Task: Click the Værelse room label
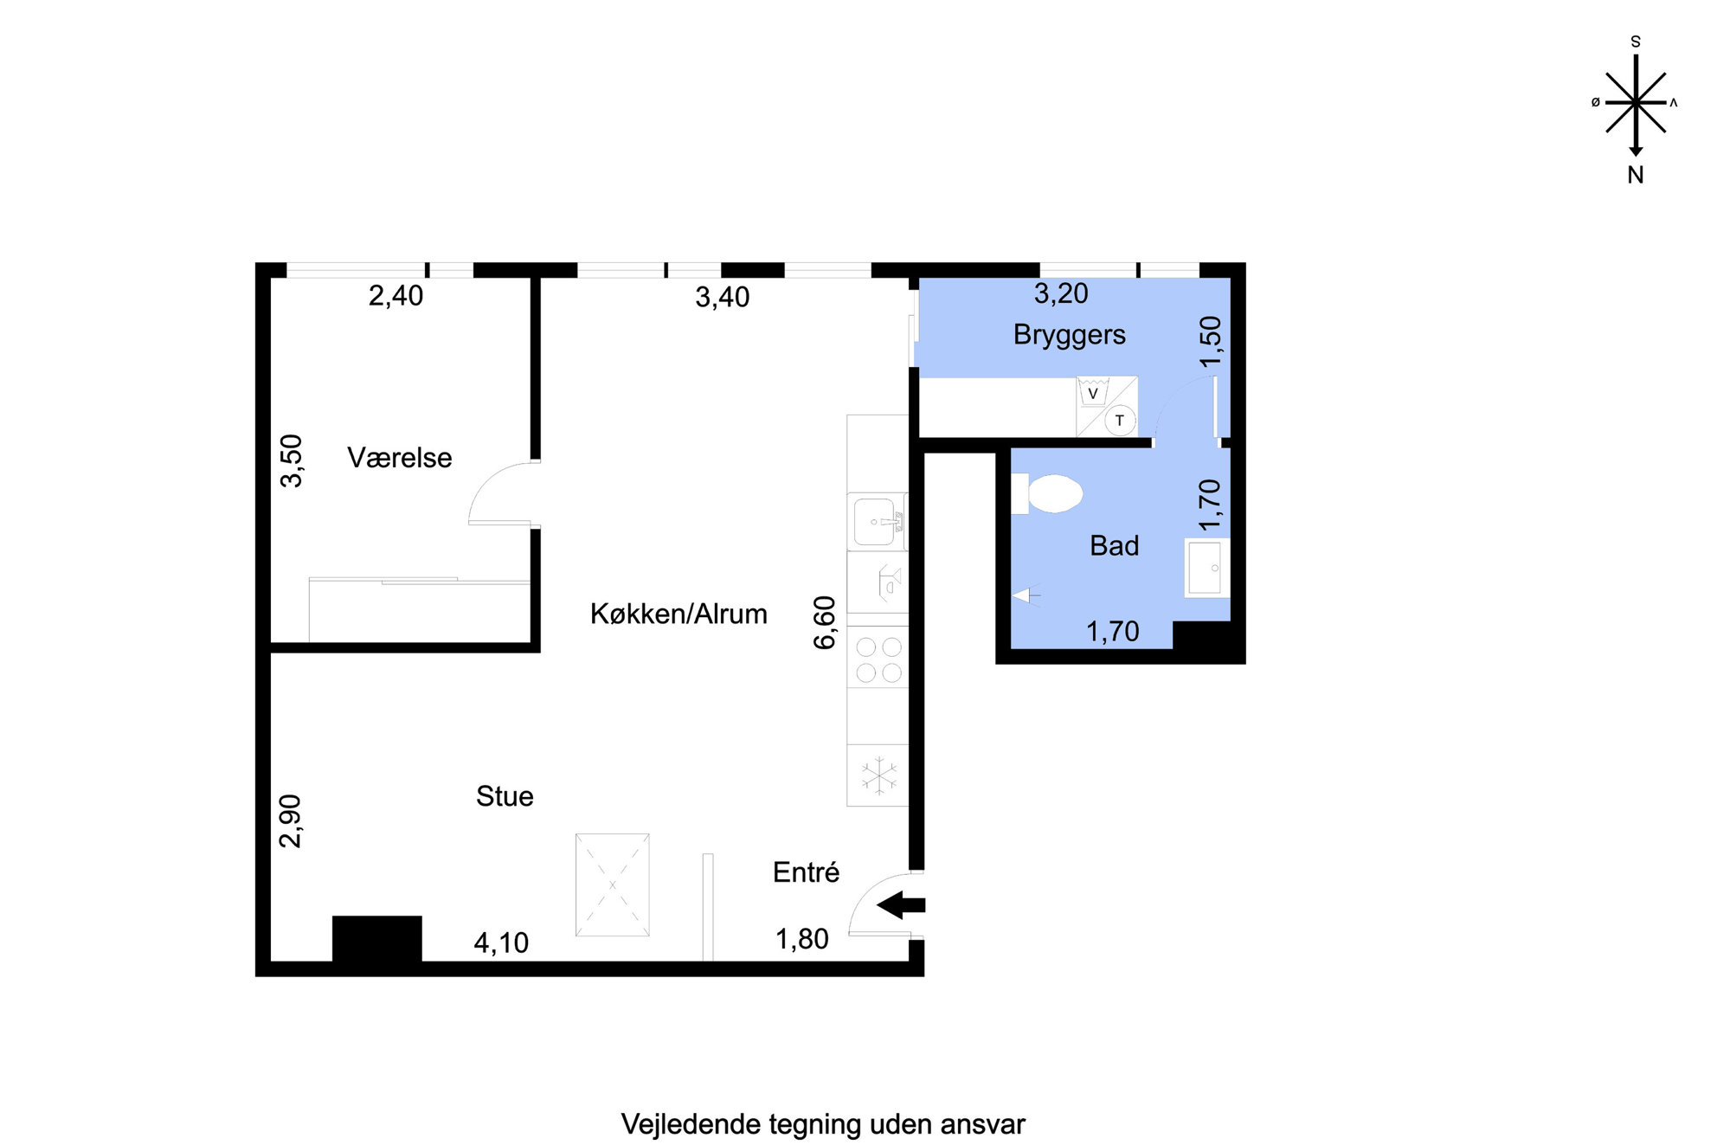pyautogui.click(x=399, y=458)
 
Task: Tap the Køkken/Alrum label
pyautogui.click(x=678, y=614)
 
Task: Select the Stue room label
pyautogui.click(x=505, y=796)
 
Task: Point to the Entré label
pyautogui.click(x=806, y=872)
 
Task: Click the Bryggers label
pyautogui.click(x=1070, y=335)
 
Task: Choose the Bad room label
pyautogui.click(x=1115, y=546)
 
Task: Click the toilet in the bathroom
pyautogui.click(x=1047, y=493)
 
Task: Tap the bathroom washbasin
pyautogui.click(x=1206, y=568)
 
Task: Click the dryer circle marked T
pyautogui.click(x=1120, y=421)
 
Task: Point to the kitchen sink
pyautogui.click(x=878, y=521)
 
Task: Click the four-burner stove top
pyautogui.click(x=878, y=659)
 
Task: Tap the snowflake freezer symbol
pyautogui.click(x=879, y=775)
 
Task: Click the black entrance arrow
pyautogui.click(x=901, y=905)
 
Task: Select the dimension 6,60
pyautogui.click(x=825, y=622)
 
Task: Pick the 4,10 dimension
pyautogui.click(x=501, y=942)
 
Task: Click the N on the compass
pyautogui.click(x=1635, y=175)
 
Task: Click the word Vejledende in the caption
pyautogui.click(x=691, y=1124)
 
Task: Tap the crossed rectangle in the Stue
pyautogui.click(x=613, y=884)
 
